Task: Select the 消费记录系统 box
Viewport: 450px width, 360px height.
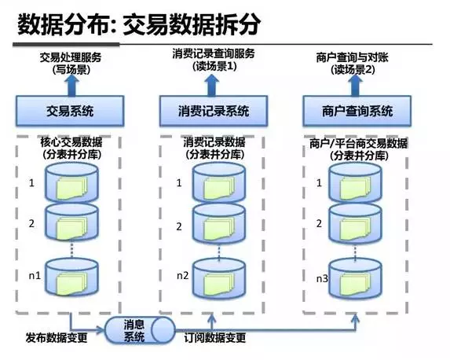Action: (213, 110)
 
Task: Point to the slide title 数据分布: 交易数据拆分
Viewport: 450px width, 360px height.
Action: (139, 24)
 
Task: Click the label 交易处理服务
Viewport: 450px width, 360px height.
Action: (71, 57)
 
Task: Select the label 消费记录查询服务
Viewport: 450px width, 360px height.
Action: (214, 54)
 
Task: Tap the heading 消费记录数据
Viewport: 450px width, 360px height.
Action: (214, 144)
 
